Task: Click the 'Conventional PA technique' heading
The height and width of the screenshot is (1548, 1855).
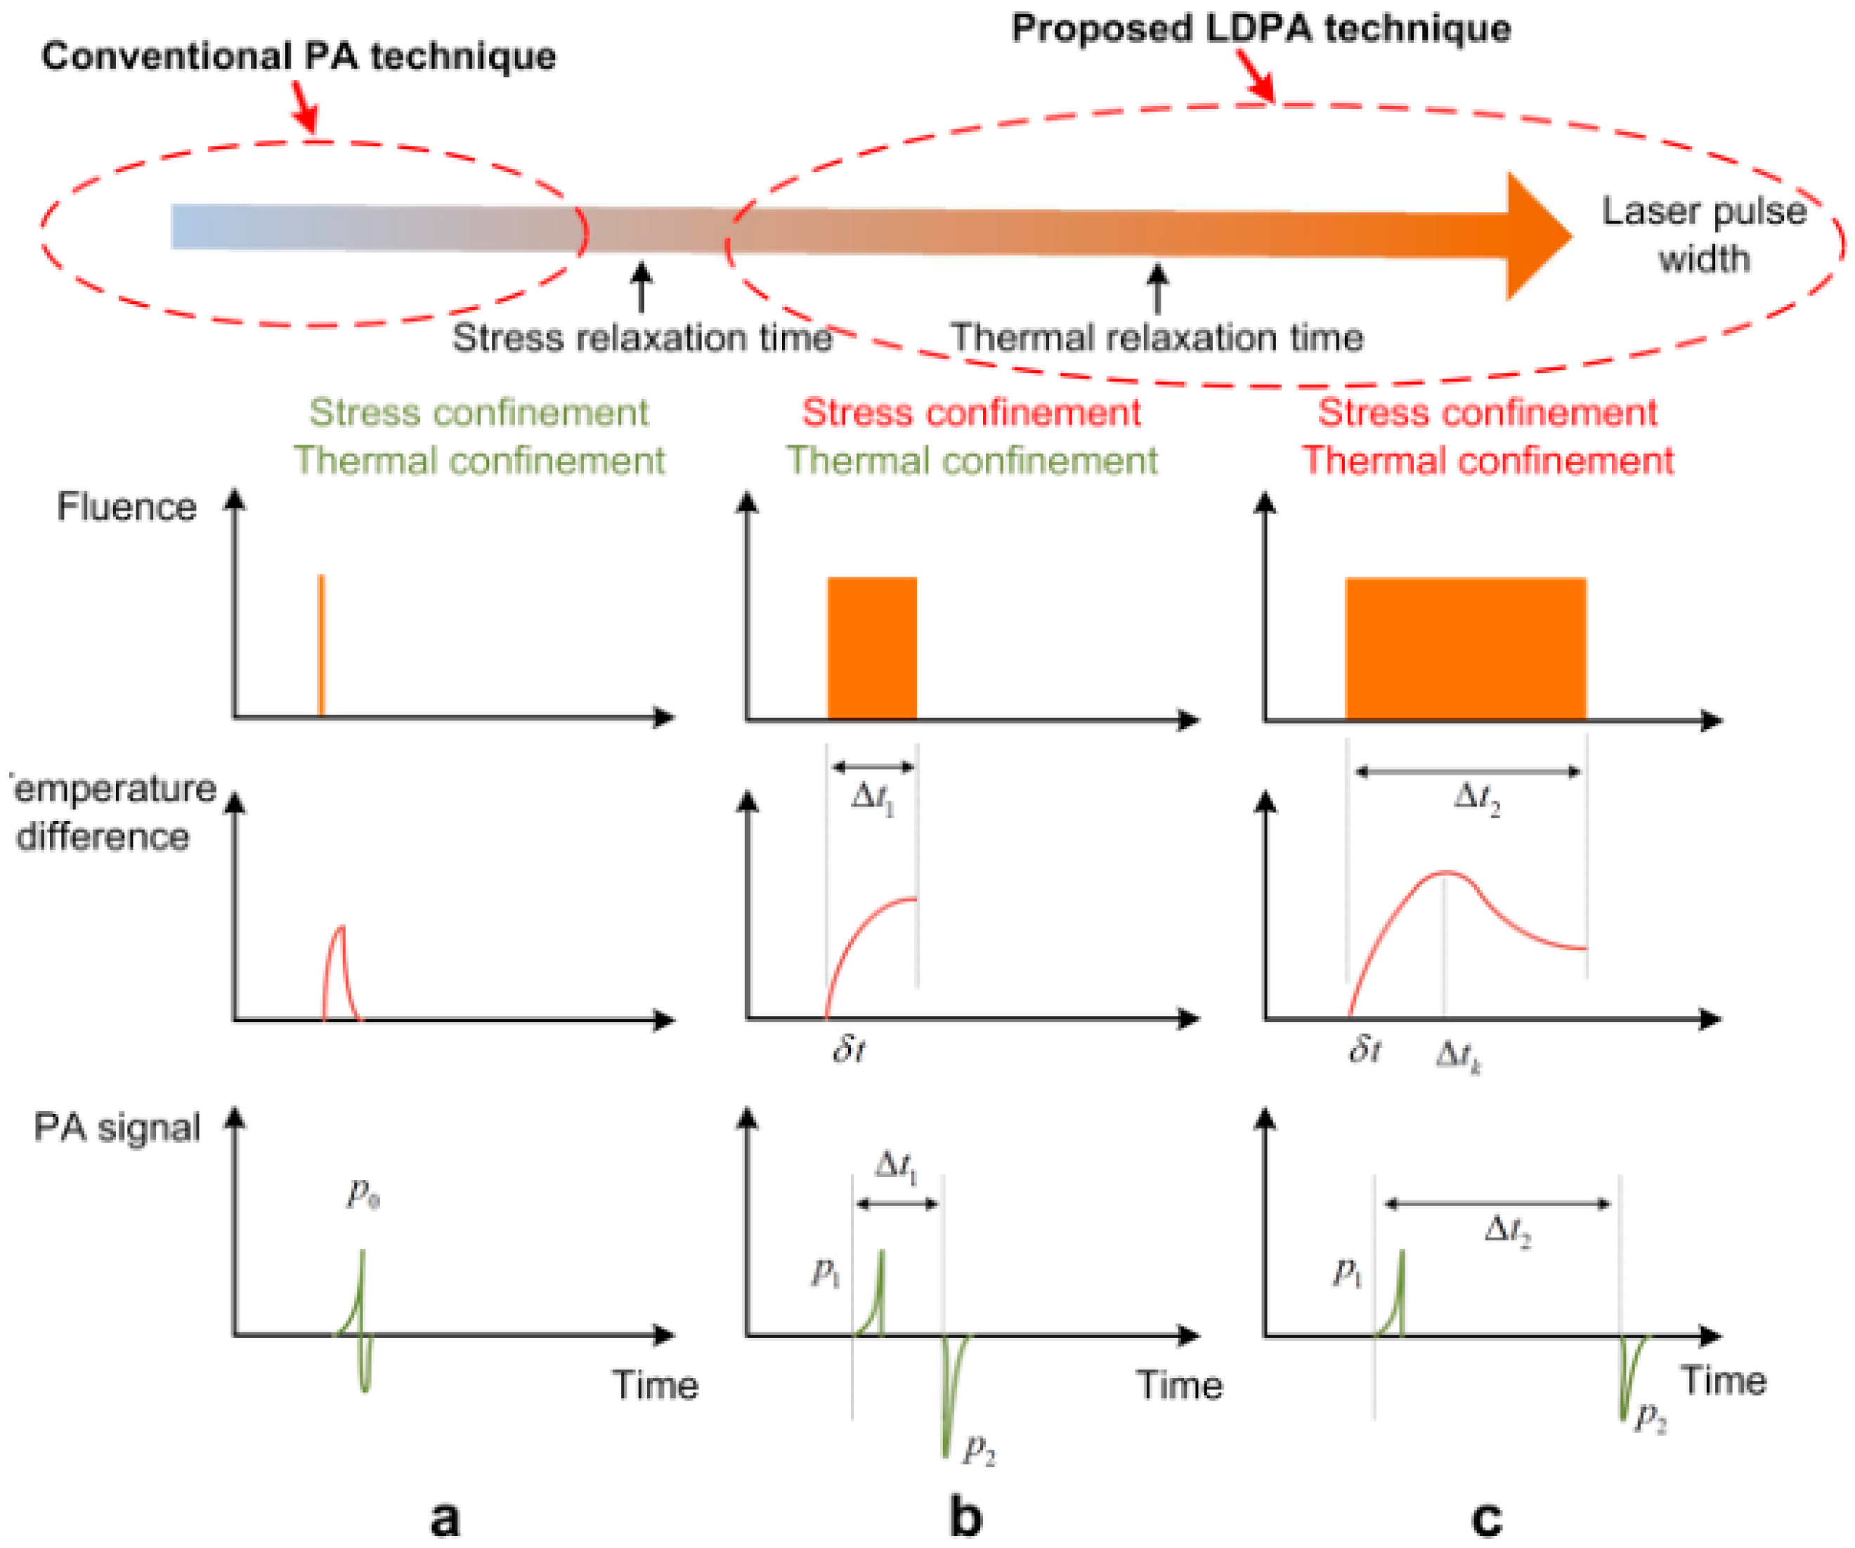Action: [299, 56]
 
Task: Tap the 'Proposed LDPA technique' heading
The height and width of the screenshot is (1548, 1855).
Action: [1261, 28]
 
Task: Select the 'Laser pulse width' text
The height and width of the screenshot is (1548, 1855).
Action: [1703, 235]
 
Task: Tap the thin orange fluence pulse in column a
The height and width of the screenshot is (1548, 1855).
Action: [322, 645]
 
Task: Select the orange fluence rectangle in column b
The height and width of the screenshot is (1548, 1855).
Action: [872, 648]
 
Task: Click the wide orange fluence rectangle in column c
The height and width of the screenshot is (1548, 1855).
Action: [1466, 648]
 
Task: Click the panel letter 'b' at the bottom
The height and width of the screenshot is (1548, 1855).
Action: [965, 1517]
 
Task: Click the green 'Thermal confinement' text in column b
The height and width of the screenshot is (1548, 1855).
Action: [972, 461]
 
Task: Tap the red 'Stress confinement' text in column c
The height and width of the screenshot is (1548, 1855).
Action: [1488, 412]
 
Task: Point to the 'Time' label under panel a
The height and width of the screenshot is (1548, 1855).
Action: [656, 1384]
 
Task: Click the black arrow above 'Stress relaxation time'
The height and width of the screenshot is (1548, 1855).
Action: [642, 287]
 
